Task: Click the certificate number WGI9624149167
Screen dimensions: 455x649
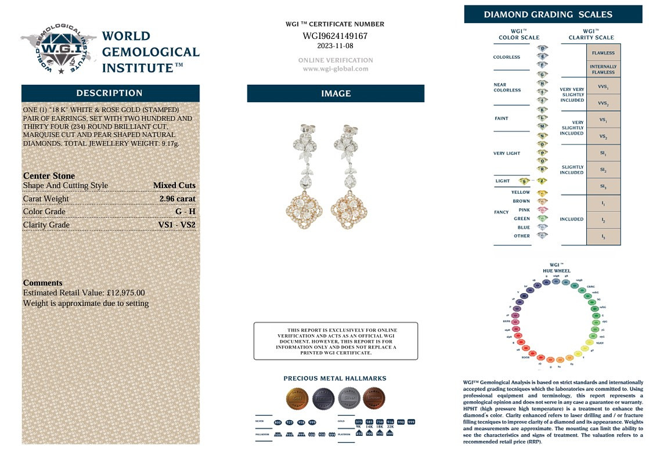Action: [x=335, y=36]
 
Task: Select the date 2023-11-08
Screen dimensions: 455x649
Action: [x=335, y=46]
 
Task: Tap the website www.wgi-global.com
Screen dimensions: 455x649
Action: [x=335, y=68]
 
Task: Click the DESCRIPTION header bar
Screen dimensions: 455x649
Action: [x=110, y=93]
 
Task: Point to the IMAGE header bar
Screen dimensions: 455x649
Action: [x=336, y=93]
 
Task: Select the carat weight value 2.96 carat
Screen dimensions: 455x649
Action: [x=177, y=198]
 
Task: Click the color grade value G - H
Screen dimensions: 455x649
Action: [x=185, y=211]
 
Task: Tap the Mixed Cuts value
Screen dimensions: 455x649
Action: [x=174, y=186]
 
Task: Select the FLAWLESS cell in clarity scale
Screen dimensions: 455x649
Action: [x=603, y=53]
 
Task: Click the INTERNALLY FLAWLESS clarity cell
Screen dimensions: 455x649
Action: [x=603, y=70]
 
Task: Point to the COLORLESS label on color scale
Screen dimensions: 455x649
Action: [x=506, y=57]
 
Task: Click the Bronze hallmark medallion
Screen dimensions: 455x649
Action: [x=374, y=399]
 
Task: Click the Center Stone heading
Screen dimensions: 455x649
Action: [x=49, y=176]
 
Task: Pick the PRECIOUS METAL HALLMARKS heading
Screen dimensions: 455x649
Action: [x=335, y=378]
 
